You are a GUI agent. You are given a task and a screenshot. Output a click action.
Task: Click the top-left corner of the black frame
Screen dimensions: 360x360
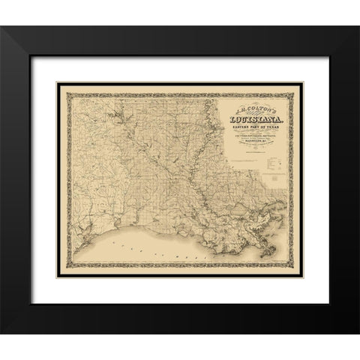25,28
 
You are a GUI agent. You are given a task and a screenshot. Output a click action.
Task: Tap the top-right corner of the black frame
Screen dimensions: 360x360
335,28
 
